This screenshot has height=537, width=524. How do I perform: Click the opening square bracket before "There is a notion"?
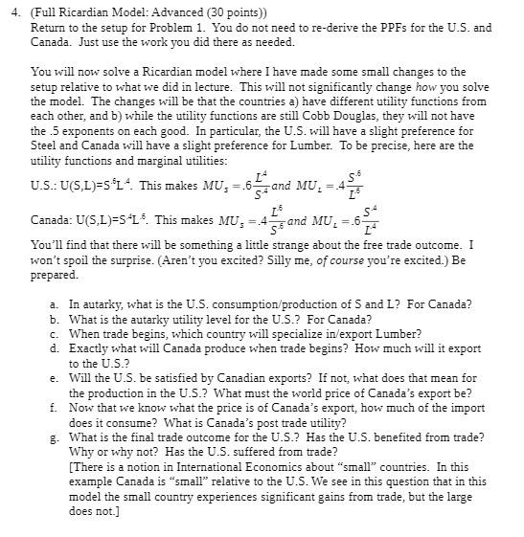[71, 466]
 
